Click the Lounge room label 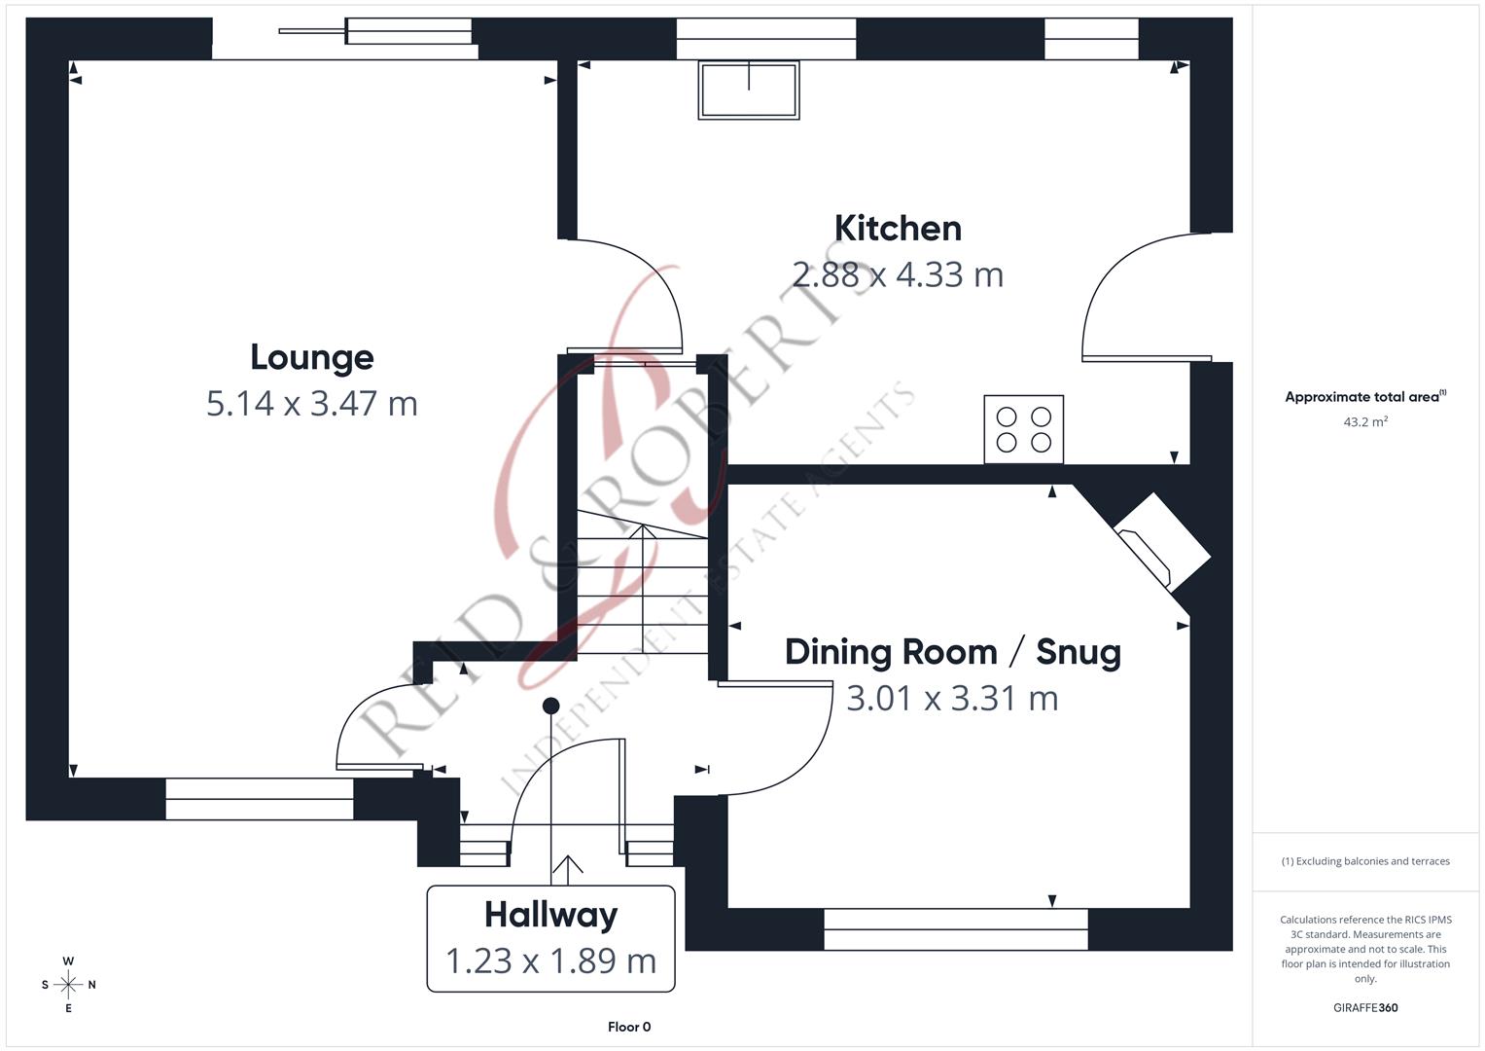tap(311, 357)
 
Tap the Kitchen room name tap(898, 228)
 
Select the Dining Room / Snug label tap(952, 652)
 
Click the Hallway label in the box tap(550, 915)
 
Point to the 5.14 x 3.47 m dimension tap(311, 403)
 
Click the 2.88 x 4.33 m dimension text tap(898, 274)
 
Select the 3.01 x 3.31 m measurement tap(952, 698)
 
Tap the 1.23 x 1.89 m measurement tap(550, 960)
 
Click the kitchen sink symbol tap(748, 91)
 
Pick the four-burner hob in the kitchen tap(1023, 429)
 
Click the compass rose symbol tap(68, 985)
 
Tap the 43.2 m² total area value tap(1364, 422)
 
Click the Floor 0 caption tap(629, 1027)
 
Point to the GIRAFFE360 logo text tap(1364, 1008)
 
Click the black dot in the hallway tap(550, 706)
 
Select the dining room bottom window tap(955, 928)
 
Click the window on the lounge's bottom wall tap(260, 799)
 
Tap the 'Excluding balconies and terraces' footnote tap(1364, 861)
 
